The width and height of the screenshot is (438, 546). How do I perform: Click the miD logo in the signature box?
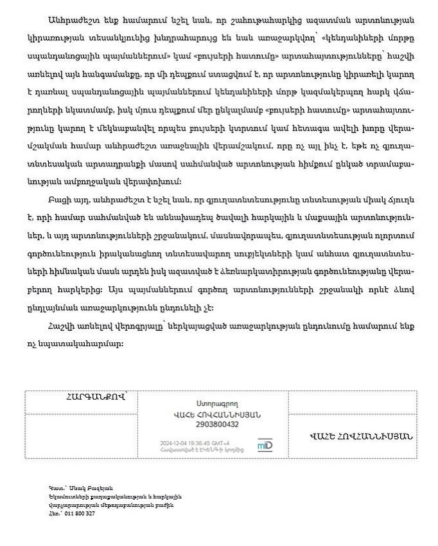[x=265, y=445]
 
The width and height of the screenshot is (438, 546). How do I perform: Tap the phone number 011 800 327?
[x=80, y=513]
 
